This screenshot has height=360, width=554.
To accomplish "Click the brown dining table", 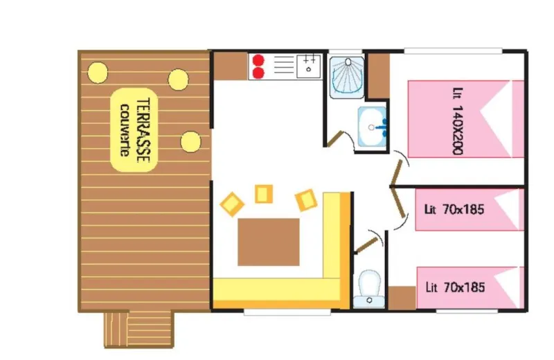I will [269, 242].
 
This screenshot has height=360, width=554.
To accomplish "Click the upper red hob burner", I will [258, 60].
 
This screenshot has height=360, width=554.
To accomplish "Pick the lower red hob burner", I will [258, 72].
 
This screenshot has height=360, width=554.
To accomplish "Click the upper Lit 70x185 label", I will [456, 209].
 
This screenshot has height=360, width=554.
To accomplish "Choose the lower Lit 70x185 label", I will [456, 287].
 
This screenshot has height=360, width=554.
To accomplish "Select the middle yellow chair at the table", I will [263, 194].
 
